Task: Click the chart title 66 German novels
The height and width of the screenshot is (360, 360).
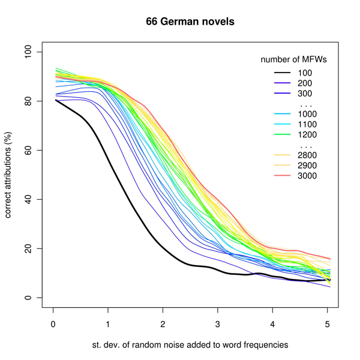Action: (190, 22)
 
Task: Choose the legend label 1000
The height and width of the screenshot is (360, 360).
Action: (310, 114)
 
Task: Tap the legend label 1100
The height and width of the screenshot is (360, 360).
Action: (310, 124)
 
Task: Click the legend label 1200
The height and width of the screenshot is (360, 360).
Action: (310, 134)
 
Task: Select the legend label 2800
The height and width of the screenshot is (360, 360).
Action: (310, 155)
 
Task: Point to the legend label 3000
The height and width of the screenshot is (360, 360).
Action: (310, 176)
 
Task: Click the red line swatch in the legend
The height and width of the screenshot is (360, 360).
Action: (279, 176)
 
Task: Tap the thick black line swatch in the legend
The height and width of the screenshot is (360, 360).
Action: (279, 73)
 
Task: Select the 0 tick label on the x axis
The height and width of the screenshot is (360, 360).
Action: (53, 325)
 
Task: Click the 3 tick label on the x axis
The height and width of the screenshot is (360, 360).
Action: (218, 325)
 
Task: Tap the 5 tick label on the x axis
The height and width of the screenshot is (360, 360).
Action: (328, 325)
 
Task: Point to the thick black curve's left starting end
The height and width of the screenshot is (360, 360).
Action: (54, 100)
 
